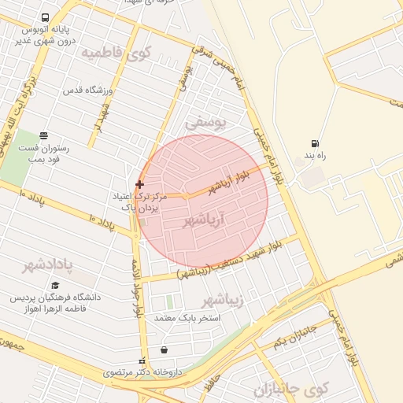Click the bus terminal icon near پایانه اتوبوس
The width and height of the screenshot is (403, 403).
[x=44, y=17]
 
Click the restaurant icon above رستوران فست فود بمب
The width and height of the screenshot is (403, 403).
[x=43, y=135]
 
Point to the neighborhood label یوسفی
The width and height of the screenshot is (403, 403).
[x=206, y=124]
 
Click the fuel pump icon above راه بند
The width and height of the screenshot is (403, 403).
[x=316, y=143]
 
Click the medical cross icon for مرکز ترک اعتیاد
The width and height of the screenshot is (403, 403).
[x=140, y=184]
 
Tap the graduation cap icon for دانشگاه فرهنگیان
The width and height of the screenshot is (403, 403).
[x=55, y=286]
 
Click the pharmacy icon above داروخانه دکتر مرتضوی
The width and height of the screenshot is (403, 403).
[x=142, y=359]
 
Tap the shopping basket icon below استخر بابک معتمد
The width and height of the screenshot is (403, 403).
[x=164, y=350]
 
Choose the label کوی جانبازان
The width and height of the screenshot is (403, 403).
[x=292, y=390]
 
